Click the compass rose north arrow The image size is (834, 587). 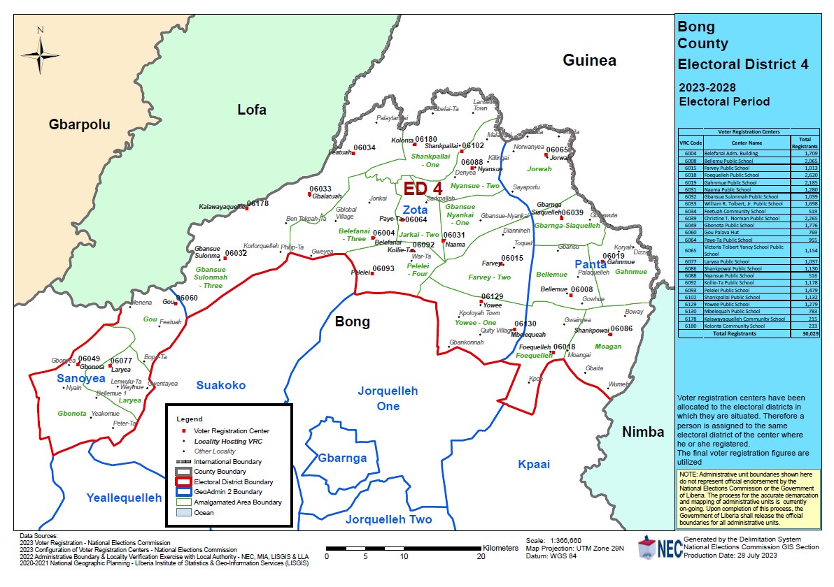(x=41, y=53)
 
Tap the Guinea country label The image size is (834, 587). (x=589, y=61)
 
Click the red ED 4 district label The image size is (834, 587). (x=423, y=189)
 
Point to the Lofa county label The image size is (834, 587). (x=252, y=110)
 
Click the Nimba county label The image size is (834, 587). (x=643, y=432)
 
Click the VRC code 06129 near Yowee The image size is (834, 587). (x=492, y=297)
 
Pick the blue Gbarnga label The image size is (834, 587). (x=342, y=458)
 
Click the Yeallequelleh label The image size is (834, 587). (x=124, y=498)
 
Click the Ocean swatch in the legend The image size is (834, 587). (x=183, y=512)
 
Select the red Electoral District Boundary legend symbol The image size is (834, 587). (x=183, y=481)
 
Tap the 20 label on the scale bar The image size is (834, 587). (x=481, y=557)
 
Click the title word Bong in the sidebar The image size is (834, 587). (x=696, y=27)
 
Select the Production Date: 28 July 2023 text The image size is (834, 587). (x=730, y=556)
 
